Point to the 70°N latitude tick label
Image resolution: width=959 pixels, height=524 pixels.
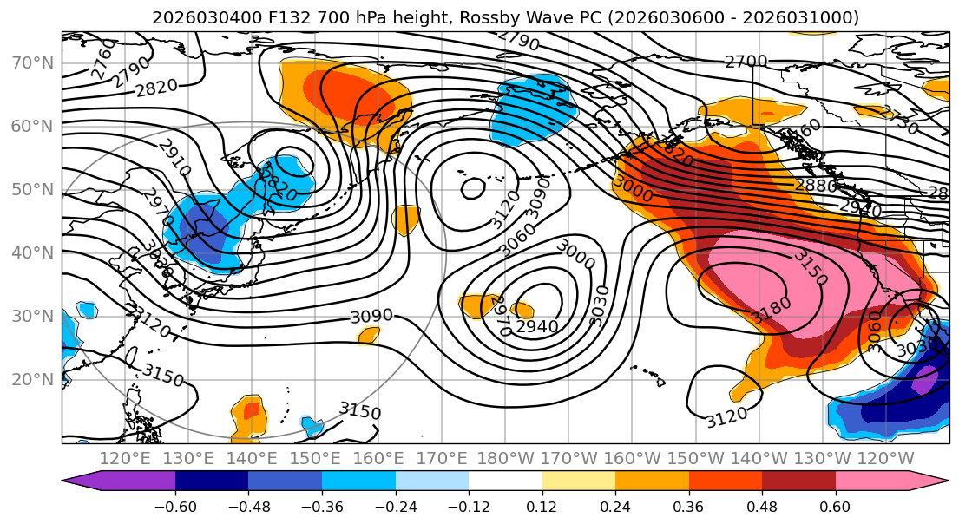coord(31,62)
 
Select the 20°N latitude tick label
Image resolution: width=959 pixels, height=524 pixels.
coord(31,379)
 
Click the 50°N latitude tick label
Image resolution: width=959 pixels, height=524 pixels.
coord(31,189)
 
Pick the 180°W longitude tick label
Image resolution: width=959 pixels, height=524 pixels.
coord(506,458)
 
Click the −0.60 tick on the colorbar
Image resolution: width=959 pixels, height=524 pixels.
coord(175,505)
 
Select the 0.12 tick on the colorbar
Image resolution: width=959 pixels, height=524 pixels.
coord(542,505)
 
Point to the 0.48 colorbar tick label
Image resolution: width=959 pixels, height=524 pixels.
coord(762,505)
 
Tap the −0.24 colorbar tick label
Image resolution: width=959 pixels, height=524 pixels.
coord(395,505)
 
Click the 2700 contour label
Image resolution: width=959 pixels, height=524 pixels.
coord(746,61)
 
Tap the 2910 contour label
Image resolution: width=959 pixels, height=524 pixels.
coord(174,156)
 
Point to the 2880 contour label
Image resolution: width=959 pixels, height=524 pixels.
coord(816,186)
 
